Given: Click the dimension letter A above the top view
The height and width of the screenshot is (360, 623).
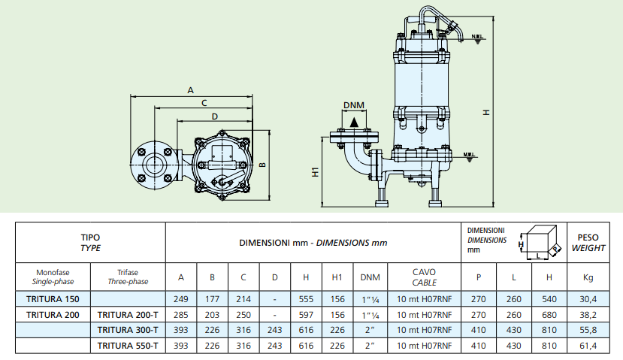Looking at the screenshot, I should click(191, 90).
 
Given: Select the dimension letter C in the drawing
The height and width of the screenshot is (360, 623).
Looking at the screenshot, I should click(204, 102).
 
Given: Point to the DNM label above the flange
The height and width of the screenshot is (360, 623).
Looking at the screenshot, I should click(354, 104).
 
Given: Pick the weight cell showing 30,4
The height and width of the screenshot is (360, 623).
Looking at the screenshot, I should click(588, 298).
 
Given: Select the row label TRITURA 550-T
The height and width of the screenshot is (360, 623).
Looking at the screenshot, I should click(127, 346).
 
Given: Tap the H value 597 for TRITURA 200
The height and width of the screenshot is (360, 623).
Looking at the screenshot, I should click(306, 314).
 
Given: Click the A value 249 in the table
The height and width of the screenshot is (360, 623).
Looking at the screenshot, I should click(180, 298).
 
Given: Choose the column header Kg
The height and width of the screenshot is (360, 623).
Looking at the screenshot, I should click(588, 277).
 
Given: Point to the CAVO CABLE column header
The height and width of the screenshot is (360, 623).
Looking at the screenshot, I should click(424, 277).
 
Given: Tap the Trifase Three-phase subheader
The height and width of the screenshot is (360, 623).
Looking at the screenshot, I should click(127, 277).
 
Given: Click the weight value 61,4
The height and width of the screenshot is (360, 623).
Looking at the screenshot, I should click(588, 346).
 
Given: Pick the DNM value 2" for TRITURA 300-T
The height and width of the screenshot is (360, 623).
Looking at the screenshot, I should click(370, 330).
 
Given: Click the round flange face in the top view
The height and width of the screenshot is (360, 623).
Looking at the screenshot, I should click(156, 161).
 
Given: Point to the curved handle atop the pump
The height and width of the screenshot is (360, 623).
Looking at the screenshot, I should click(428, 19).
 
